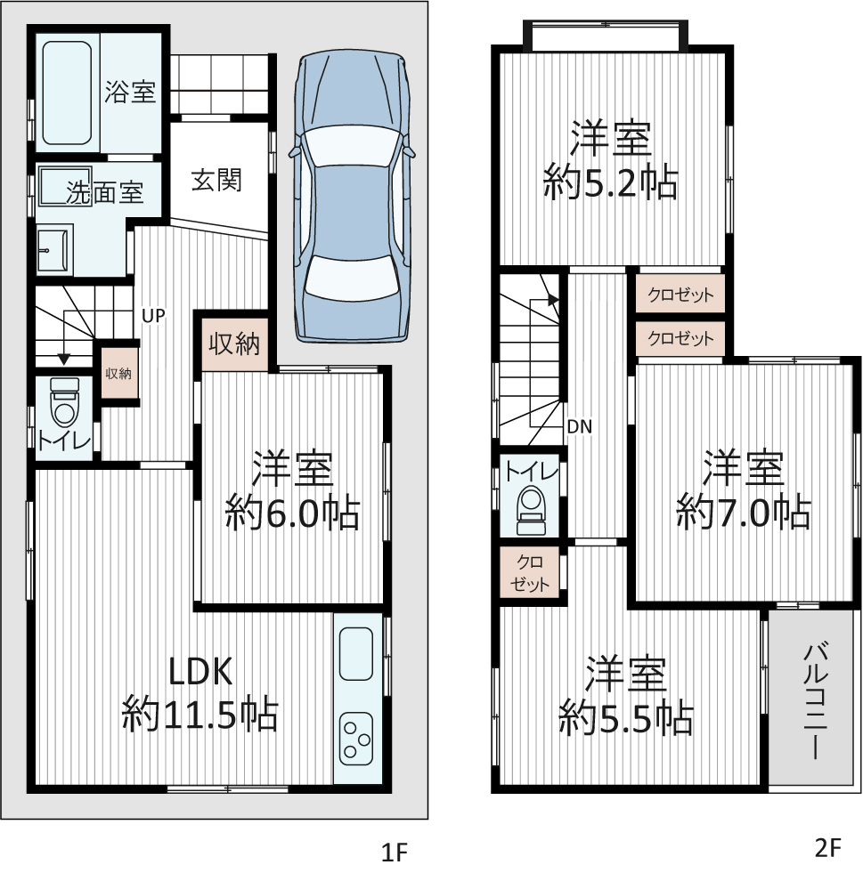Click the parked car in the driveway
click(x=352, y=197)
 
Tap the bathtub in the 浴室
click(x=67, y=93)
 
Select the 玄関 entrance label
click(x=216, y=180)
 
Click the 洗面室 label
click(x=105, y=192)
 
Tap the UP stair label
click(x=153, y=316)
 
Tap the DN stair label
click(x=580, y=426)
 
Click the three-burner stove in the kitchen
click(x=356, y=739)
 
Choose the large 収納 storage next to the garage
click(x=235, y=344)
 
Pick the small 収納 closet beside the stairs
click(x=119, y=373)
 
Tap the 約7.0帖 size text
click(x=744, y=511)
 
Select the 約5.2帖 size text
click(x=611, y=182)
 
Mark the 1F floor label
click(x=395, y=853)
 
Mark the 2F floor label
click(x=827, y=847)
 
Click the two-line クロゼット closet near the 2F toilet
click(x=529, y=573)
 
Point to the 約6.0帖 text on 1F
click(x=292, y=511)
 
